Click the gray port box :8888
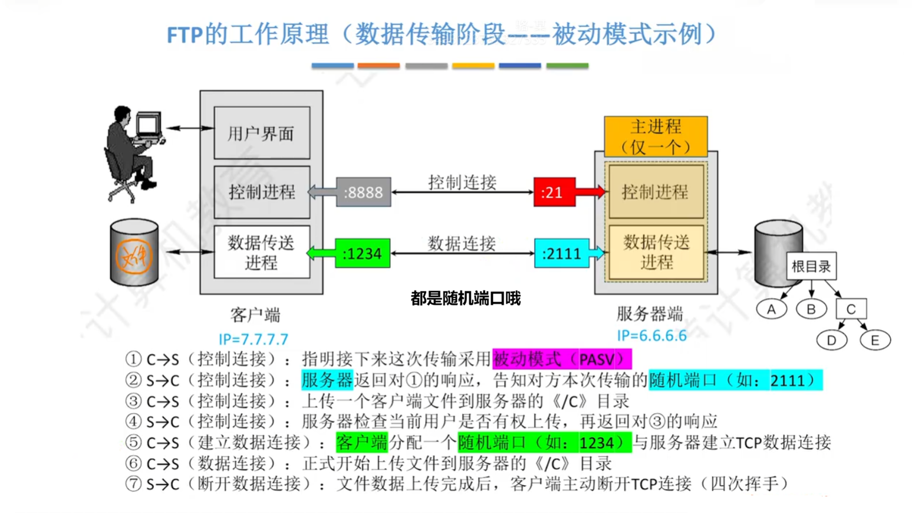pyautogui.click(x=363, y=192)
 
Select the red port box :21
pyautogui.click(x=554, y=192)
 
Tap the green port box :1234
pyautogui.click(x=362, y=254)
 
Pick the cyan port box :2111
pyautogui.click(x=561, y=254)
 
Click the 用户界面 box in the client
pyautogui.click(x=261, y=133)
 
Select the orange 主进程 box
pyautogui.click(x=656, y=136)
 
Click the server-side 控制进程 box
pyautogui.click(x=656, y=192)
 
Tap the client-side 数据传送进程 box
pyautogui.click(x=261, y=252)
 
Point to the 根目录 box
pyautogui.click(x=811, y=266)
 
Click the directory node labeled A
pyautogui.click(x=771, y=309)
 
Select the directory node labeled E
pyautogui.click(x=875, y=341)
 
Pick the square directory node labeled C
pyautogui.click(x=851, y=309)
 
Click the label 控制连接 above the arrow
pyautogui.click(x=462, y=182)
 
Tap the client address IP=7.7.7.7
pyautogui.click(x=253, y=339)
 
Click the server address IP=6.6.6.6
pyautogui.click(x=651, y=336)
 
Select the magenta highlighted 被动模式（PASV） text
pyautogui.click(x=561, y=359)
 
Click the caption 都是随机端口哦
pyautogui.click(x=465, y=299)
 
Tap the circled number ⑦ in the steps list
pyautogui.click(x=133, y=484)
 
